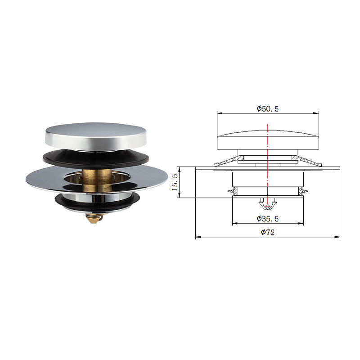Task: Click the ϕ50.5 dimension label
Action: (x=268, y=108)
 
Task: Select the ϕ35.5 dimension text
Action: (x=268, y=219)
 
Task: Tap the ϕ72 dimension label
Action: (x=268, y=232)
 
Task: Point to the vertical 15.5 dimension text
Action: (x=175, y=182)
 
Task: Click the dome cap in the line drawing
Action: (x=268, y=139)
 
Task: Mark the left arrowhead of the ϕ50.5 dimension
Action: (x=219, y=113)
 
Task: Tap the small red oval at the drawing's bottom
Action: (x=268, y=207)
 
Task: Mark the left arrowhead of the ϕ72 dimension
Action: (x=198, y=237)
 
